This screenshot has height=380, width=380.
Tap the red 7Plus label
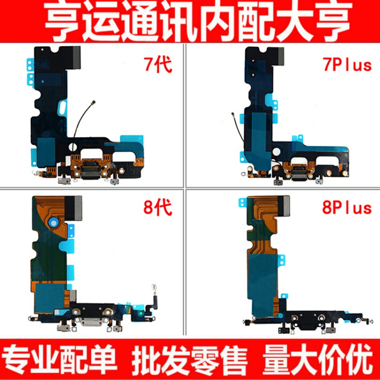tap(347, 65)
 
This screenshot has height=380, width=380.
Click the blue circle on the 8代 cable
tap(55, 222)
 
